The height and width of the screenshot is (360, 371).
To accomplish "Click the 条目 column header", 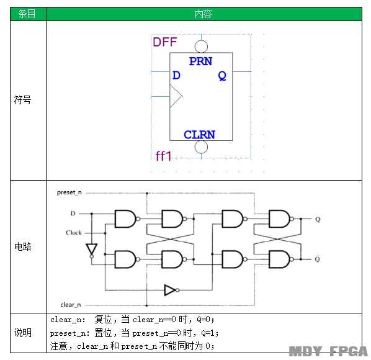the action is (27, 14).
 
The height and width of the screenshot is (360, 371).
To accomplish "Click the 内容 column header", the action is (203, 14).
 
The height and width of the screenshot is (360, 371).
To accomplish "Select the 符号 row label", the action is (22, 100).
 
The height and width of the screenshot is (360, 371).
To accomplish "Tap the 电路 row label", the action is (23, 246).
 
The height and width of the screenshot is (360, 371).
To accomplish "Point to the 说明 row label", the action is (23, 333).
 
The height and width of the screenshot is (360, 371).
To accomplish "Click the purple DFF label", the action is (165, 42).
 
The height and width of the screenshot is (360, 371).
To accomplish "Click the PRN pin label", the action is (200, 61).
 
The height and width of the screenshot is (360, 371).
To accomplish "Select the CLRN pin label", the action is (199, 135).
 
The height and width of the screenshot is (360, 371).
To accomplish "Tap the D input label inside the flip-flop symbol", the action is (177, 76).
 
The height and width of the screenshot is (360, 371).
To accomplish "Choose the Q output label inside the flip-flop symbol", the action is (222, 76).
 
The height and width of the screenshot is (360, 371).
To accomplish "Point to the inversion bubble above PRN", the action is (201, 46).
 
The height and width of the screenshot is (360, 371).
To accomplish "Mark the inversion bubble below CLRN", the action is (201, 147).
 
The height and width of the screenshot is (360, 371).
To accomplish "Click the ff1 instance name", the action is (163, 156).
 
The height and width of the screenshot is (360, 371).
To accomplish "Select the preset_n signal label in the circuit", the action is (69, 192).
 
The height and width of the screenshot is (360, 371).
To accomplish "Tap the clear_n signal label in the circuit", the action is (71, 305).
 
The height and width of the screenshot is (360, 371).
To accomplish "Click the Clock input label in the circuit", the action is (74, 233).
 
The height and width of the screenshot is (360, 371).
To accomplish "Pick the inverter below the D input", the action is (92, 250).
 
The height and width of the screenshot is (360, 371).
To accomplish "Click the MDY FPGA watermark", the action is (328, 351).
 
